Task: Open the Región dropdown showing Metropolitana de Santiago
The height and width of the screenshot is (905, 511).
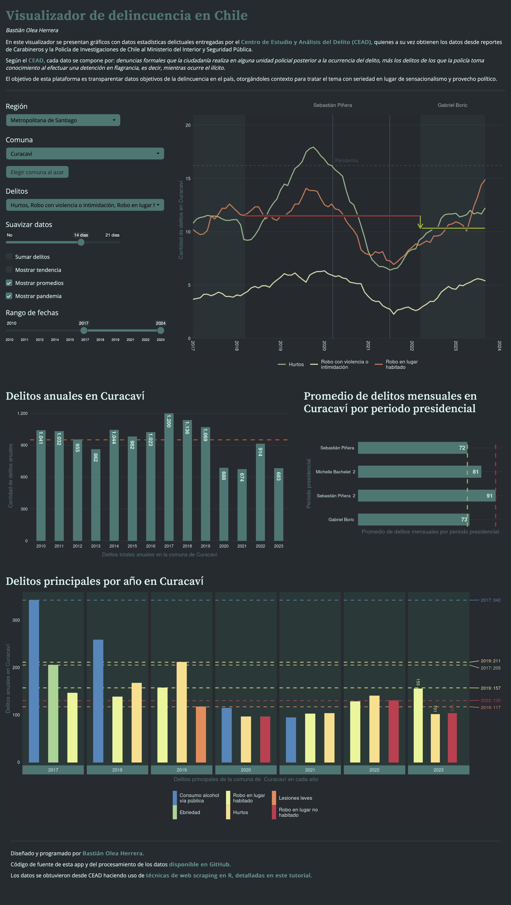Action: (x=63, y=120)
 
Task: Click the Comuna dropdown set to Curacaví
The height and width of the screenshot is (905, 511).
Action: (x=85, y=154)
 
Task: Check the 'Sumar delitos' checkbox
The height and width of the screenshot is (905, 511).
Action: (x=9, y=256)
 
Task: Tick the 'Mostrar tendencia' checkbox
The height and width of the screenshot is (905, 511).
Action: (x=9, y=270)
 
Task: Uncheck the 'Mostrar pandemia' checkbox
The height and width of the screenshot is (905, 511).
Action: (x=9, y=296)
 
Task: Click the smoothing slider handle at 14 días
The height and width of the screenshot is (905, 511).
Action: (x=81, y=242)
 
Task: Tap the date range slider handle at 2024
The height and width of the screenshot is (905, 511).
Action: (x=160, y=330)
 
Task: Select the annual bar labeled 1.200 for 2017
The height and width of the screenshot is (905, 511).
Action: (x=169, y=477)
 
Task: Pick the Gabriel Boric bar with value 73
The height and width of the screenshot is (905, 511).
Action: (x=413, y=519)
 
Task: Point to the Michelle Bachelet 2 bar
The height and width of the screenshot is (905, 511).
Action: (x=419, y=471)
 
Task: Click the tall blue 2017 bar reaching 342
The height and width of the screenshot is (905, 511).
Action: (x=34, y=682)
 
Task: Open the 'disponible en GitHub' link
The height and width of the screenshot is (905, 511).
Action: (x=200, y=864)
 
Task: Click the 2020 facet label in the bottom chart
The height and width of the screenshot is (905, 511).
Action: (x=246, y=770)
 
